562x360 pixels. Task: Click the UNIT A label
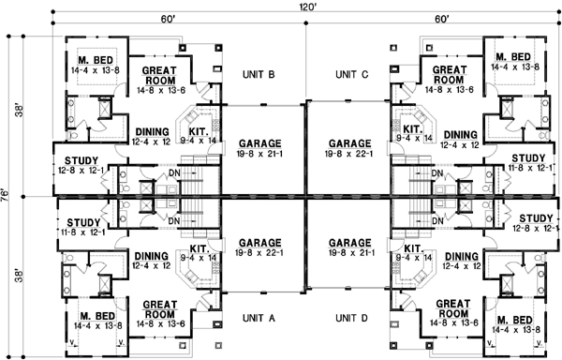point(259,318)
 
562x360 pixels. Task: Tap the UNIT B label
point(259,75)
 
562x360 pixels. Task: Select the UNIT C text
point(351,75)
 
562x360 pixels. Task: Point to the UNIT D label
point(351,318)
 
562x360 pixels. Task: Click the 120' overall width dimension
point(305,6)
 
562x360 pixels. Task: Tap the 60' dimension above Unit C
point(442,19)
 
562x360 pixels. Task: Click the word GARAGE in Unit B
point(259,143)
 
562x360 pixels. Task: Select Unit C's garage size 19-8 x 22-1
point(349,154)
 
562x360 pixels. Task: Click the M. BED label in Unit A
point(97,316)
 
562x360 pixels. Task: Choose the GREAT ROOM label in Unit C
point(450,75)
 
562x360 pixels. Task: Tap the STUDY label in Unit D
point(536,218)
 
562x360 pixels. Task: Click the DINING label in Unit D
point(461,257)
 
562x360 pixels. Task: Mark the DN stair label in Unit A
point(174,221)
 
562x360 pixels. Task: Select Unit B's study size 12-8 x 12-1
point(81,170)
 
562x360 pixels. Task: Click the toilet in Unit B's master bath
point(72,135)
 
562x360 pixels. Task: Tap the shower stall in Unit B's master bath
point(104,107)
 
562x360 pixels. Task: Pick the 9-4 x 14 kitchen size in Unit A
point(199,258)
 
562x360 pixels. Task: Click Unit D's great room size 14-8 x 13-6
point(454,323)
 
